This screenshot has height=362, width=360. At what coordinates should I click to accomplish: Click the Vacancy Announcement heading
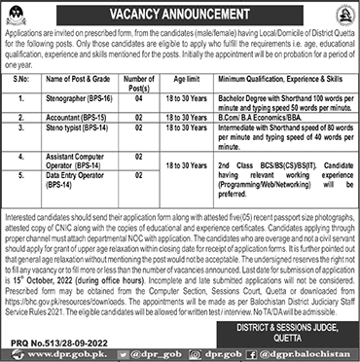[179, 15]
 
